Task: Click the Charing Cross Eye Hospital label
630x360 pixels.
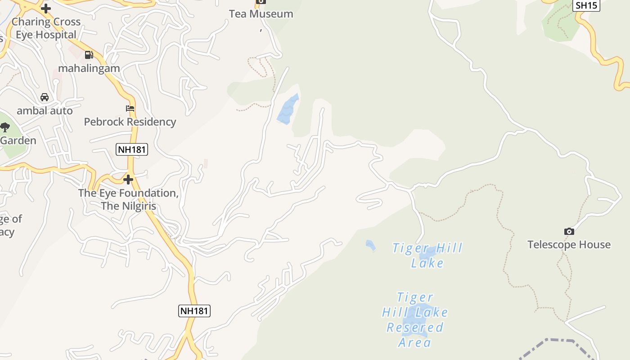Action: (46, 28)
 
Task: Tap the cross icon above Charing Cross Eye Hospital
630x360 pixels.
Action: (45, 8)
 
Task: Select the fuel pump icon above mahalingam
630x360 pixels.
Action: (89, 55)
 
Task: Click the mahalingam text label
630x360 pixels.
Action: (89, 68)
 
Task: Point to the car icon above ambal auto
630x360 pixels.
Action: (45, 97)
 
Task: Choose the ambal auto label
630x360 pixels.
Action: (45, 110)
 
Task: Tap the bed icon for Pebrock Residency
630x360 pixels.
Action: (130, 108)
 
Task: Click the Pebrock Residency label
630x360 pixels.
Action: (130, 121)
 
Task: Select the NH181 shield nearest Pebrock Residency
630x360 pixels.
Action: (132, 149)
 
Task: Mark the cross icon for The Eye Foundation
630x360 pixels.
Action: (128, 180)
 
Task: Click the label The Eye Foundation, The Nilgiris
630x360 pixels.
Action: (129, 199)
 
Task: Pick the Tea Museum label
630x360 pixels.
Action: (261, 14)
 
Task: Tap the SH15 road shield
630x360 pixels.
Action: (586, 5)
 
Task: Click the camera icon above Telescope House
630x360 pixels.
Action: (569, 231)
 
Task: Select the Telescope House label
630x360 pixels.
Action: (569, 244)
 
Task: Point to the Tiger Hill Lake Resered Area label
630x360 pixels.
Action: (415, 319)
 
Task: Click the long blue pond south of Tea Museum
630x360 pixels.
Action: (288, 109)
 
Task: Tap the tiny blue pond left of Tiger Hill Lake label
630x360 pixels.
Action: (370, 245)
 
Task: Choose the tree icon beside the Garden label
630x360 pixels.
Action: (4, 127)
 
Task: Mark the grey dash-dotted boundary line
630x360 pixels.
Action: (558, 341)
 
